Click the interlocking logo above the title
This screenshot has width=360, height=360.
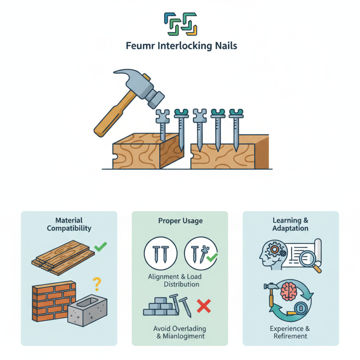pos(180,23)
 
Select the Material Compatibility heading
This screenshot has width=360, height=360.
pos(69,224)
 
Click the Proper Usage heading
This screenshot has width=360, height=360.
pos(180,220)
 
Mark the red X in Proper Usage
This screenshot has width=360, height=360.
pos(204,307)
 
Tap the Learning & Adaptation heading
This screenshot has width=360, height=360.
pos(290,224)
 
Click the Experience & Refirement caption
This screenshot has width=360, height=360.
pos(290,332)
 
